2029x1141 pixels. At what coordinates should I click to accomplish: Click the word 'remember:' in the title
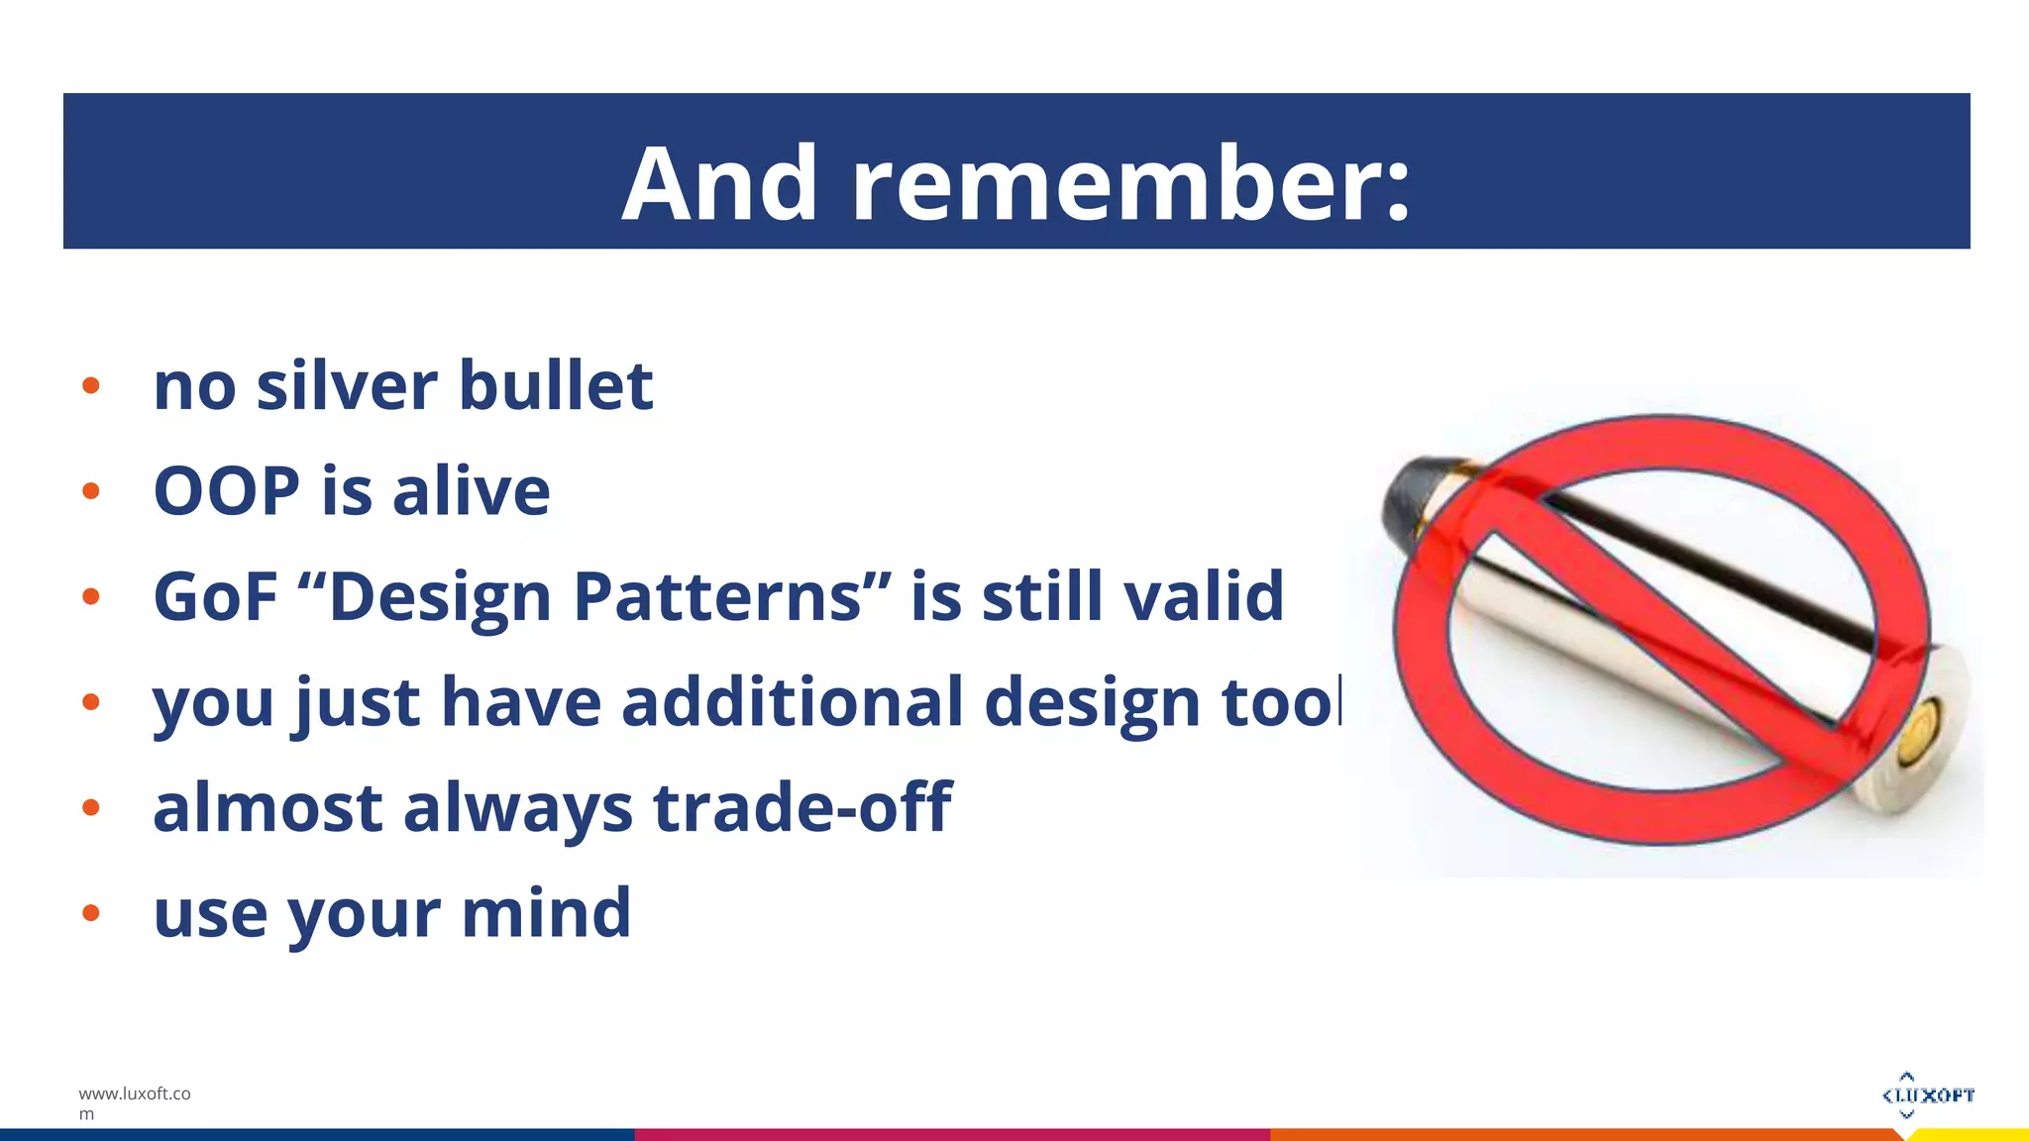1129,184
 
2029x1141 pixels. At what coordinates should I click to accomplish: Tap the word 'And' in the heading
720,184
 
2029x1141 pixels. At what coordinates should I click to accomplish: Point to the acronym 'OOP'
227,491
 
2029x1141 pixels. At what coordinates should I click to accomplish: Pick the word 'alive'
471,491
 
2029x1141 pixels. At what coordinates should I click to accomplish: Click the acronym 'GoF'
215,597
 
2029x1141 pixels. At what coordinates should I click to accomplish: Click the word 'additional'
793,702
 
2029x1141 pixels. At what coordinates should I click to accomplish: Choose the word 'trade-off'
801,807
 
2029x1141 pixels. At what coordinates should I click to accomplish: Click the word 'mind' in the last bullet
546,913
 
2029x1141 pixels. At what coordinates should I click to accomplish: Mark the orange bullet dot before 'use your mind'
91,913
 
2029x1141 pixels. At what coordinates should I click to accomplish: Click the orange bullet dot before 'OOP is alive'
91,491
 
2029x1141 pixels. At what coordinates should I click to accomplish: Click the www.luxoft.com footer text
134,1102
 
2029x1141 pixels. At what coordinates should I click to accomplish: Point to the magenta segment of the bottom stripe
951,1134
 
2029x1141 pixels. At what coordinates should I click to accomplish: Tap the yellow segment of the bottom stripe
1972,1135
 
